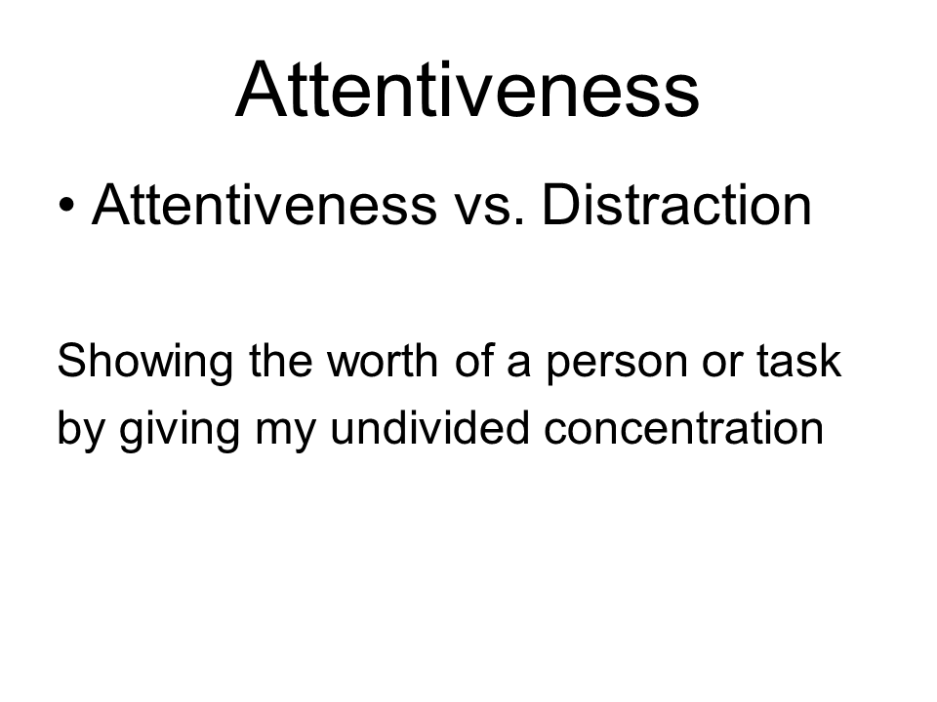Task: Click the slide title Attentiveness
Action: [x=468, y=90]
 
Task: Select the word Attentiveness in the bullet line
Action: [x=265, y=204]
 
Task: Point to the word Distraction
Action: [x=676, y=204]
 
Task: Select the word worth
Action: [x=383, y=361]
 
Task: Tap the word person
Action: [x=617, y=365]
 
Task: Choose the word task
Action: [x=799, y=361]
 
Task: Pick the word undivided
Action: [x=429, y=427]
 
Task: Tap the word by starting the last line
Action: [x=81, y=430]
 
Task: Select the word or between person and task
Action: [x=722, y=364]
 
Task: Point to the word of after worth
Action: [x=474, y=361]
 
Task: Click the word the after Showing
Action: [x=280, y=361]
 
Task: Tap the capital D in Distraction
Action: [x=558, y=204]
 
